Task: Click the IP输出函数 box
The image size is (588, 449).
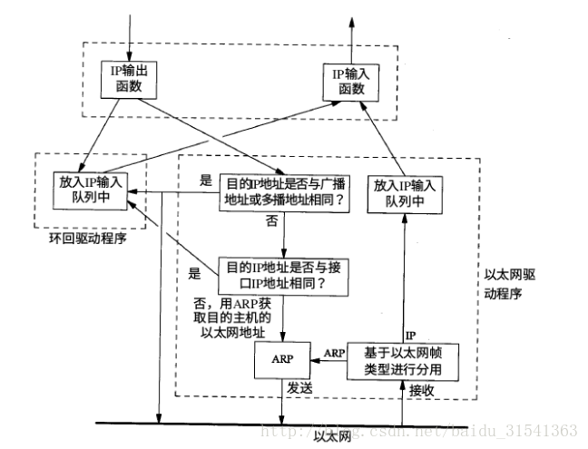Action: [131, 80]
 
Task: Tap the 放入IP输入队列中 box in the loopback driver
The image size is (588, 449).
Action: [89, 191]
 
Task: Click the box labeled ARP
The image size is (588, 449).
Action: [281, 359]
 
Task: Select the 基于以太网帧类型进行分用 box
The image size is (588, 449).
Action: [406, 359]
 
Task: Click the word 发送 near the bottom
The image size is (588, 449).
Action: [300, 388]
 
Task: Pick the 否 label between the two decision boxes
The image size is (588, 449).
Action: [271, 221]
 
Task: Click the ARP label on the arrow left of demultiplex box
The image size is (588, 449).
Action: [334, 350]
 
